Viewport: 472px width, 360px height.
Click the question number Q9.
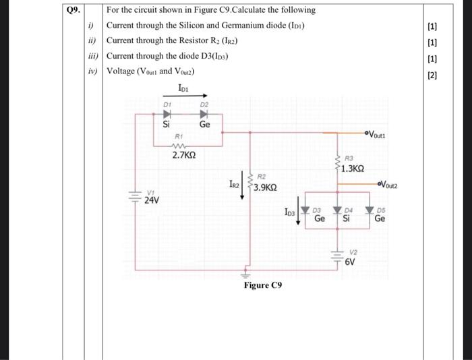(x=73, y=10)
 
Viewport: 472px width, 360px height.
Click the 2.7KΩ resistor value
(x=183, y=156)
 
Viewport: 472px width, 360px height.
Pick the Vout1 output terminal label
(x=381, y=132)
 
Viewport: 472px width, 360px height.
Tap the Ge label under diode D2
(x=205, y=125)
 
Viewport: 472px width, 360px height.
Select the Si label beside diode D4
(x=347, y=218)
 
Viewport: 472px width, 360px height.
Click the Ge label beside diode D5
(x=380, y=218)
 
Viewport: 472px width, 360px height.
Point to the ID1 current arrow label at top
(x=183, y=87)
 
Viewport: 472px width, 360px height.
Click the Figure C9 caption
(x=263, y=285)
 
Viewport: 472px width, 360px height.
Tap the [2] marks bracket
(x=432, y=76)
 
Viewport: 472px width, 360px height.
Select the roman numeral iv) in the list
(x=92, y=71)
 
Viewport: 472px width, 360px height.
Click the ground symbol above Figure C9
(x=245, y=274)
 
